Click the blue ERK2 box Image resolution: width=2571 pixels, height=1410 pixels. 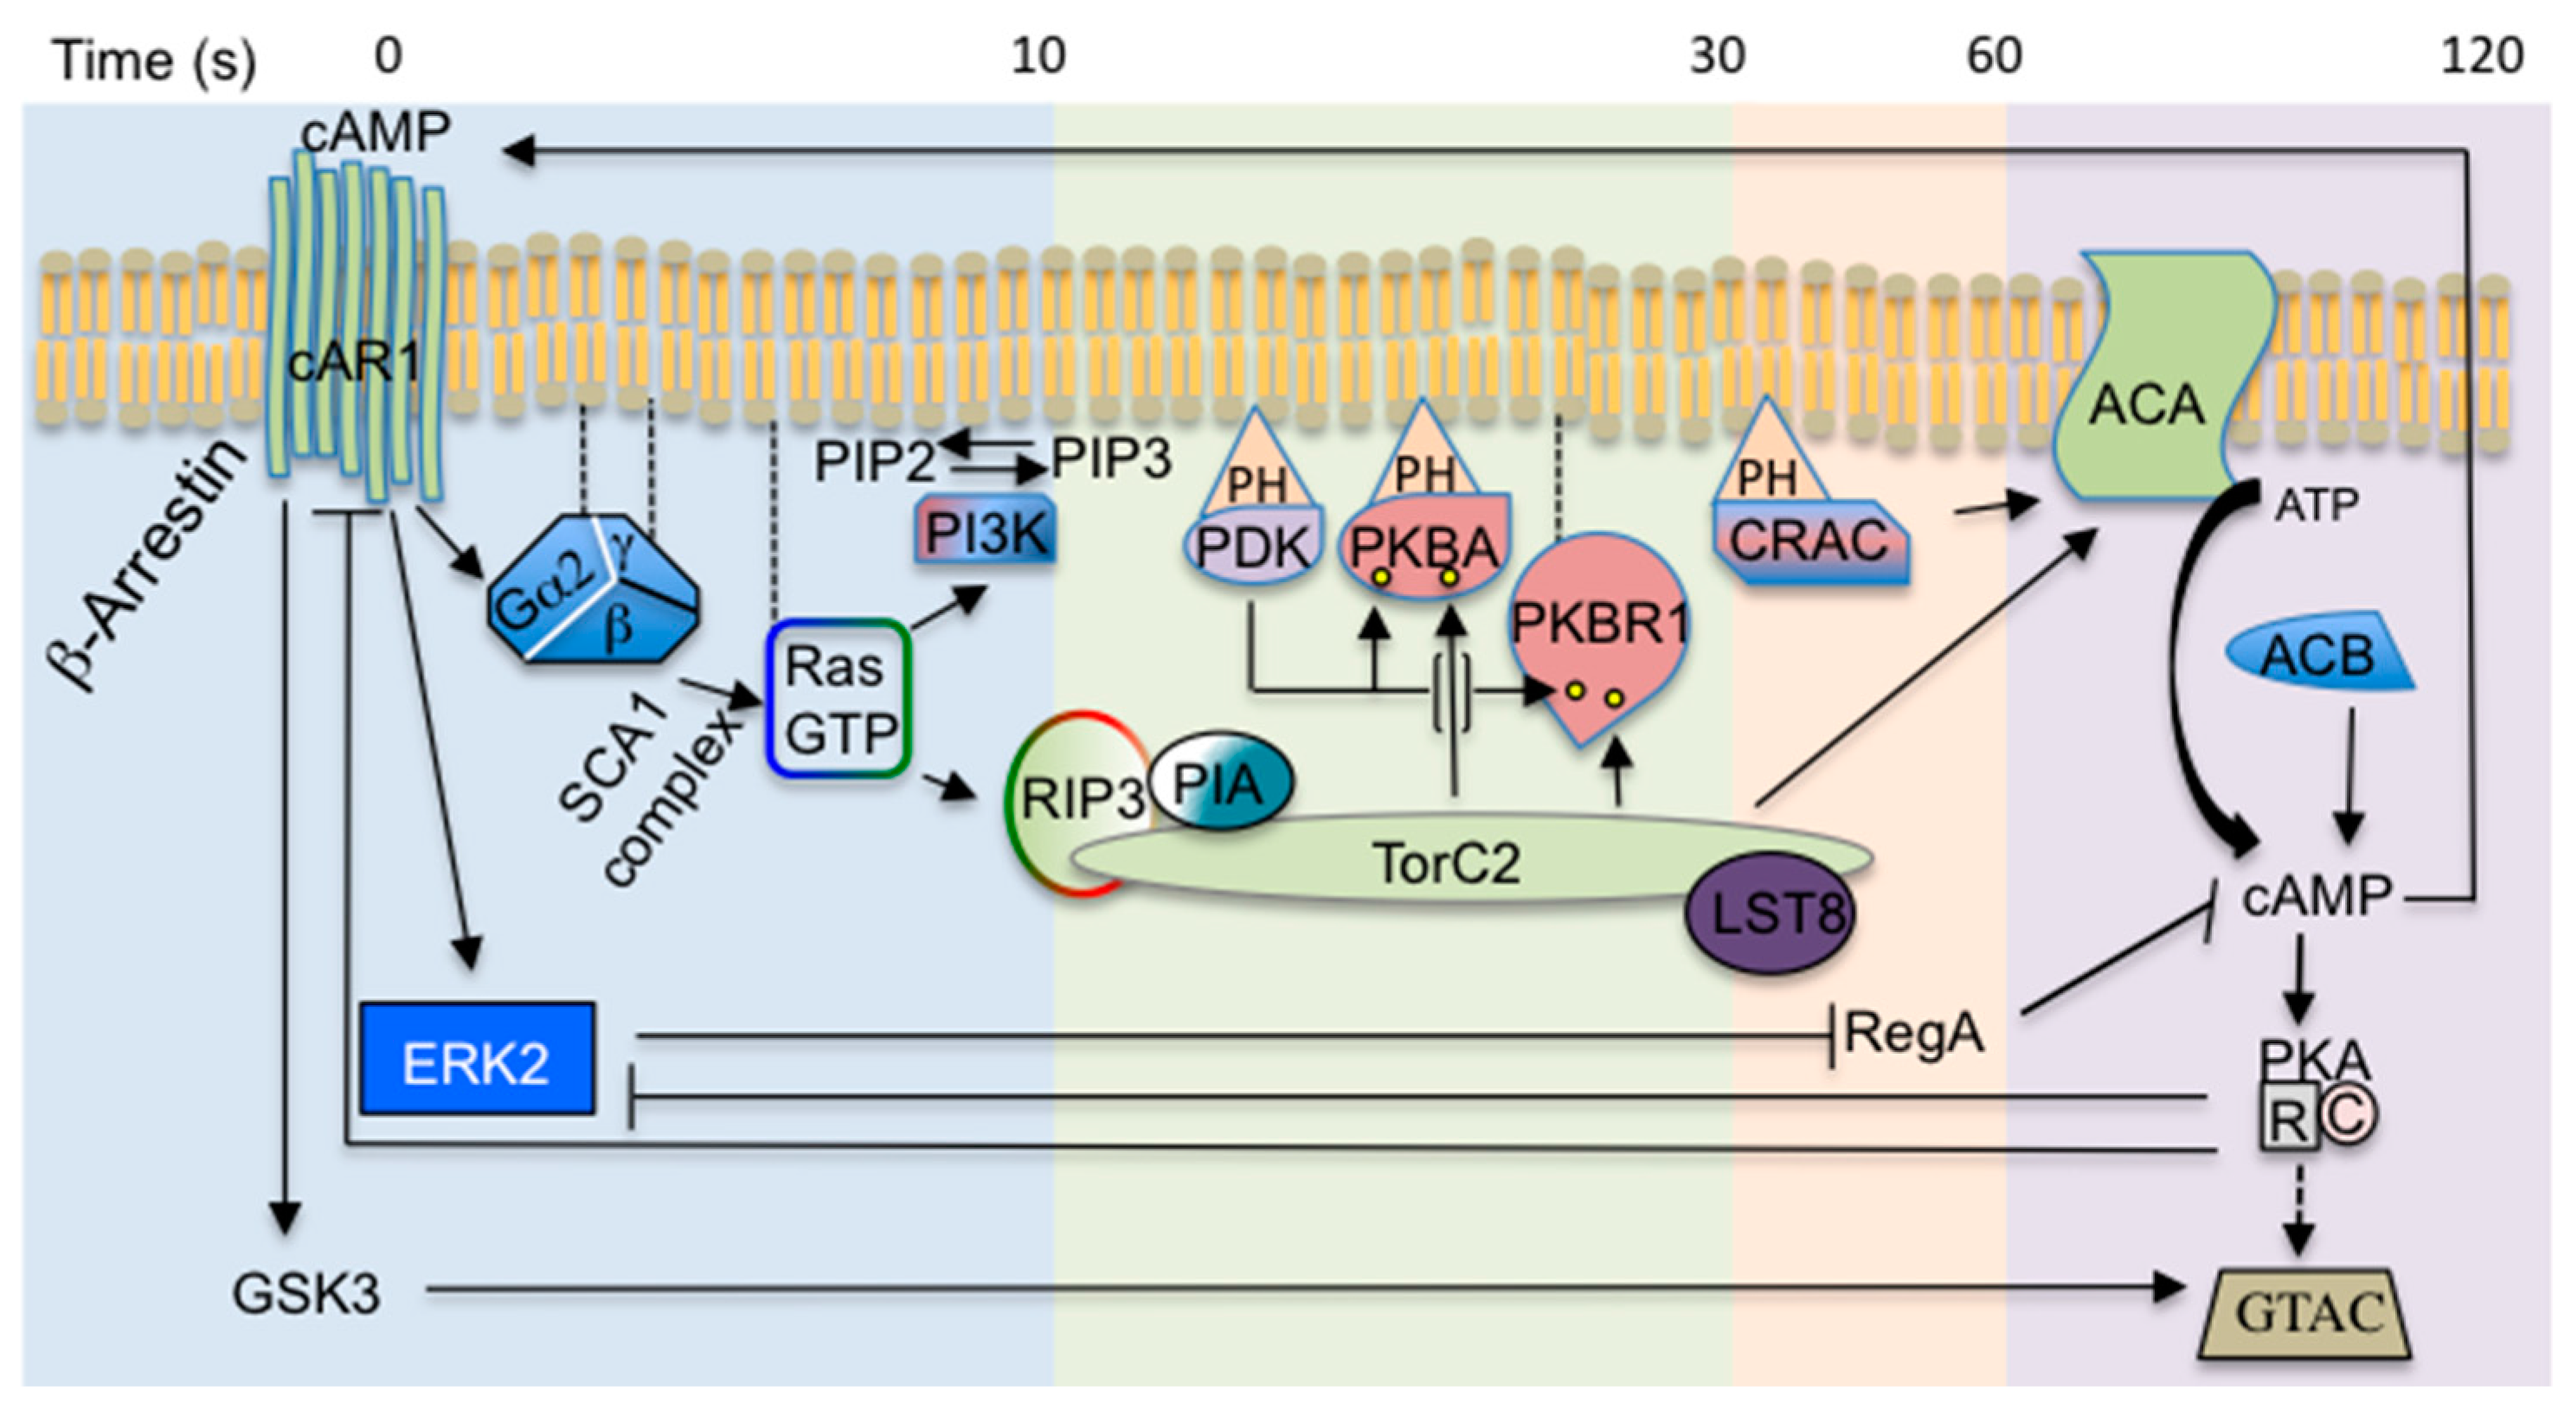click(x=476, y=1059)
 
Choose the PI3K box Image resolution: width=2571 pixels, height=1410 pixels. click(x=985, y=533)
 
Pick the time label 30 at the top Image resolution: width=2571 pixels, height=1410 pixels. click(x=1717, y=56)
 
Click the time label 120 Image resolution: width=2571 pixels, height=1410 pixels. click(x=2481, y=56)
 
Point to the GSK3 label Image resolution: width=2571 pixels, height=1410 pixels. click(x=305, y=1293)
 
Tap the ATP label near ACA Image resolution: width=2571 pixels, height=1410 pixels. click(x=2316, y=506)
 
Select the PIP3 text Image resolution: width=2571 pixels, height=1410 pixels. click(x=1111, y=460)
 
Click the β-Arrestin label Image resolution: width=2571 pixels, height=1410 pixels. click(x=145, y=564)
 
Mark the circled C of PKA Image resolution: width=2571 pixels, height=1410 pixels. click(x=2348, y=1115)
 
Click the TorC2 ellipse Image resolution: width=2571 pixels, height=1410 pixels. click(x=1447, y=860)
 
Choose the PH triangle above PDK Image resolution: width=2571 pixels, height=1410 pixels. click(x=1256, y=469)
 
